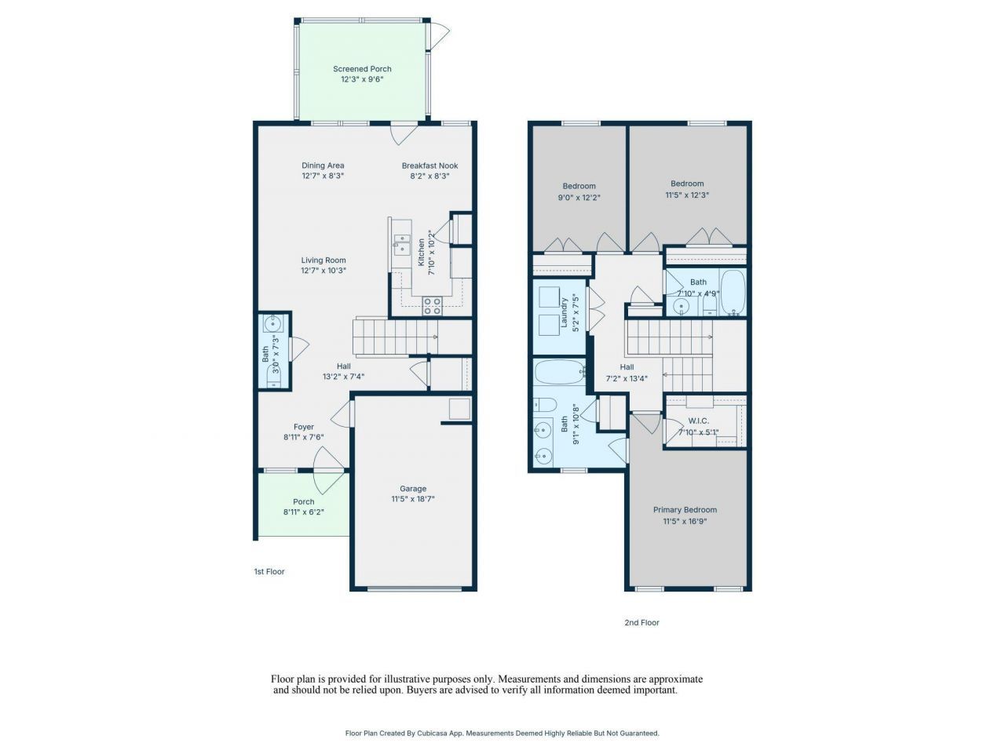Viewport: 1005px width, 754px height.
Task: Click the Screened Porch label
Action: point(362,69)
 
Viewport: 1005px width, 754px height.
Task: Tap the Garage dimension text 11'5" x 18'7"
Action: point(412,499)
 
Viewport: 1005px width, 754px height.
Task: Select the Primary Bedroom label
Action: point(685,510)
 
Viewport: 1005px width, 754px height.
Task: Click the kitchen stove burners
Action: point(432,306)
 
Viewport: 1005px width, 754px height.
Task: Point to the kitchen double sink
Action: point(402,244)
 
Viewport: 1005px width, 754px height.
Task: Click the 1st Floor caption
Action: point(269,571)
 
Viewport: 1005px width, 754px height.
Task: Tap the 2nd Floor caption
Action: point(641,622)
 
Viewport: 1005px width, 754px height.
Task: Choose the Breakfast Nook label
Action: point(429,166)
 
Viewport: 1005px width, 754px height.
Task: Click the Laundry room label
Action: point(564,312)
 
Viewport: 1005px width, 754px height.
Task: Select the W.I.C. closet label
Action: point(698,421)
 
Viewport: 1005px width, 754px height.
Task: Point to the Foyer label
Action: point(304,427)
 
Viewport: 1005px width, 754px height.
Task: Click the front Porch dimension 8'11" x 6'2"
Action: point(304,512)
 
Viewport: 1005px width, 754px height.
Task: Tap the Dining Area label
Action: point(323,166)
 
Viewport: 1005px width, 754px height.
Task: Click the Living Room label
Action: point(323,260)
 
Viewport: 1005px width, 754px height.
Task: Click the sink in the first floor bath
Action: point(273,323)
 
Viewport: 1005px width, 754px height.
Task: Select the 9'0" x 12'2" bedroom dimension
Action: point(579,198)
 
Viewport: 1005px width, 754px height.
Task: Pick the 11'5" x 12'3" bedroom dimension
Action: point(687,195)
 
